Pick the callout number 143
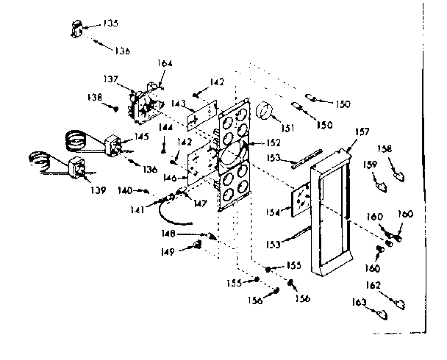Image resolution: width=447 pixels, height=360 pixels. (x=178, y=104)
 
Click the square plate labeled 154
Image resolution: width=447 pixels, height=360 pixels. (x=301, y=201)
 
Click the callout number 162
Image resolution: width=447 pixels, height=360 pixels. (x=374, y=284)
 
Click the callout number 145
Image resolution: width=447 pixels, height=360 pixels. (x=140, y=137)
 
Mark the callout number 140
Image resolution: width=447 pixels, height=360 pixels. (x=126, y=190)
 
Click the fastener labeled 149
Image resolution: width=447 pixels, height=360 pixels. (x=197, y=246)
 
